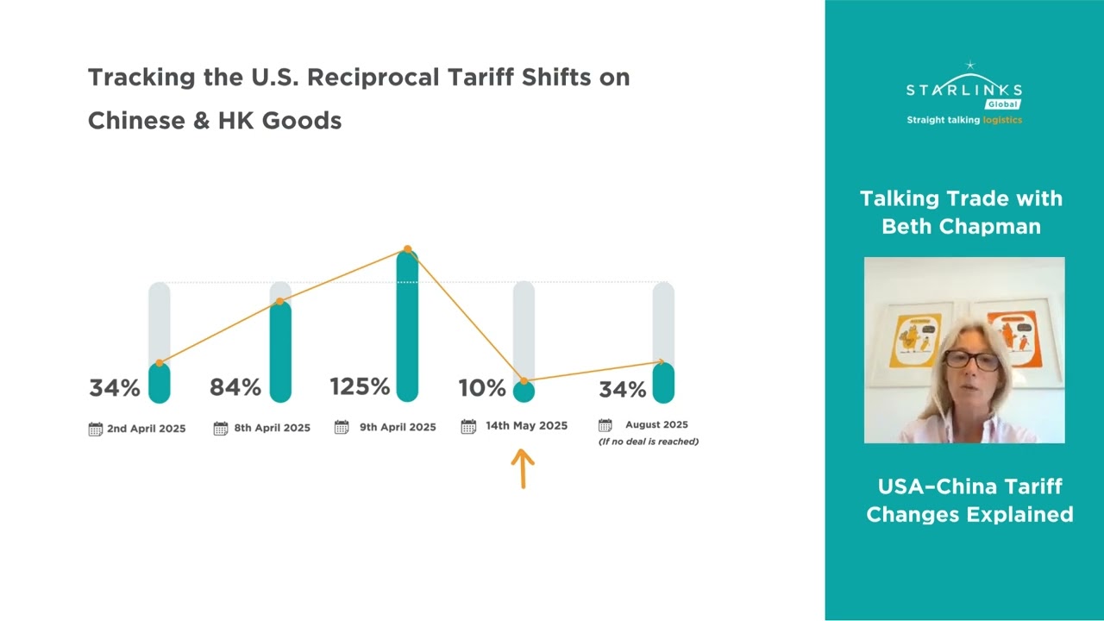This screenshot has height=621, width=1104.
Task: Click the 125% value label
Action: tap(360, 386)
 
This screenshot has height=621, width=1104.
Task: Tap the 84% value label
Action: tap(235, 388)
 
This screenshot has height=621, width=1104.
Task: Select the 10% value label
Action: tap(481, 388)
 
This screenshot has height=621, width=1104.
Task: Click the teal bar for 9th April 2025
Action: tap(407, 328)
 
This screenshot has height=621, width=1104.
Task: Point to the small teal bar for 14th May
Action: tap(524, 392)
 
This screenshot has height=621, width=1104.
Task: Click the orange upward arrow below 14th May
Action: tap(523, 468)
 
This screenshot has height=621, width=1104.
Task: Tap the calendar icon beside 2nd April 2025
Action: tap(96, 429)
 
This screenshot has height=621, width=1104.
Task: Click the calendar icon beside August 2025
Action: tap(605, 425)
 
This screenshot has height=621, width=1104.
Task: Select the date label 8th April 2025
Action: tap(272, 428)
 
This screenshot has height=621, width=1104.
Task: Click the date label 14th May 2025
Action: tap(526, 425)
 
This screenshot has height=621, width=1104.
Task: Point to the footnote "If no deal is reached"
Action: tap(649, 442)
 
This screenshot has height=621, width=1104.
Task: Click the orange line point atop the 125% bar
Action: tap(407, 249)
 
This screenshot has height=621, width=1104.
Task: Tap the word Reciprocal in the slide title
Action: tap(373, 77)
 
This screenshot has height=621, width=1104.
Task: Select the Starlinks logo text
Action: tap(963, 90)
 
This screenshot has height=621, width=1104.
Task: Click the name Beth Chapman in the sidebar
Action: tap(961, 227)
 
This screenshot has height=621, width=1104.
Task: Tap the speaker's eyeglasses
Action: tap(971, 360)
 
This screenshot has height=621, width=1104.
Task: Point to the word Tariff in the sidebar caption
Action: tap(1031, 486)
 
